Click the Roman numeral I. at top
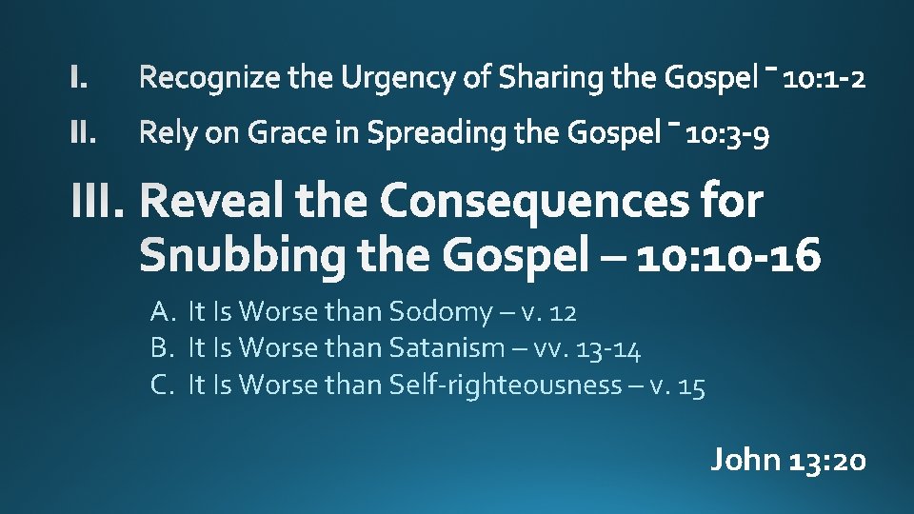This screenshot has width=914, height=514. (x=80, y=78)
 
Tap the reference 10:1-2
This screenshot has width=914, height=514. (x=825, y=78)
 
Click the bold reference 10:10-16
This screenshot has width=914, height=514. (x=729, y=255)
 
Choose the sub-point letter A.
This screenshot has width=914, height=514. (x=160, y=311)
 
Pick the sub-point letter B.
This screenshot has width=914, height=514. (x=160, y=348)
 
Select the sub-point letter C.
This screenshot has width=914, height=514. (x=160, y=385)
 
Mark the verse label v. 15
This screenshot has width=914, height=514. (x=677, y=385)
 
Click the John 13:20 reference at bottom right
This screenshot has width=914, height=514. (x=788, y=461)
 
